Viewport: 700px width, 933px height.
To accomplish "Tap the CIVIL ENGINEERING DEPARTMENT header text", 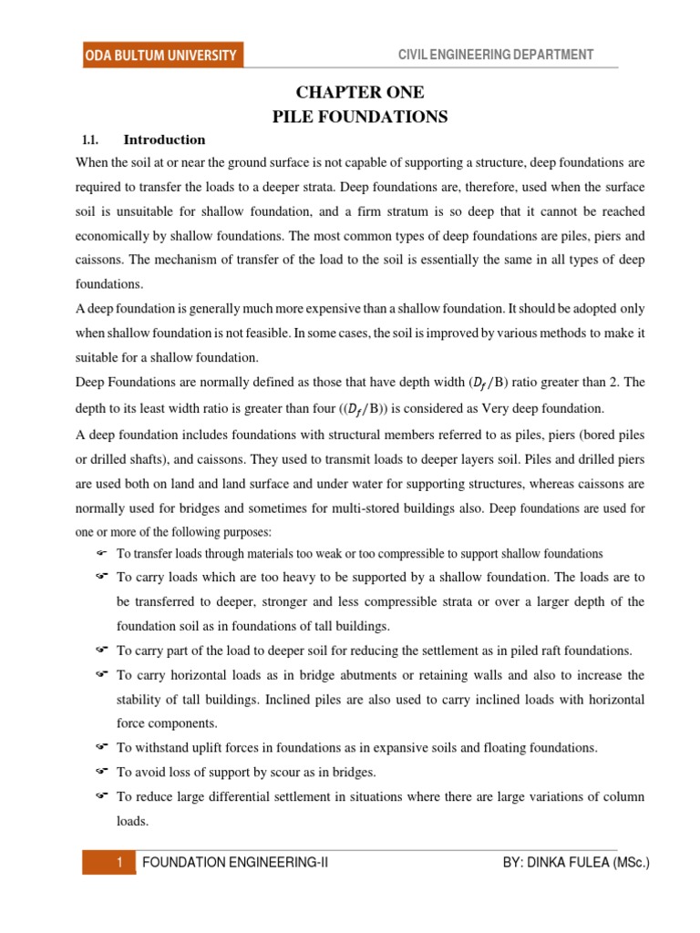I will (496, 56).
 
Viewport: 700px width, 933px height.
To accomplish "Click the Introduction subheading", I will (164, 140).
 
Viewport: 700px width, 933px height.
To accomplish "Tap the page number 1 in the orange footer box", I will (118, 862).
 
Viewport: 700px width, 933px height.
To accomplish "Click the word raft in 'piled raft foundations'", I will (512, 651).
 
